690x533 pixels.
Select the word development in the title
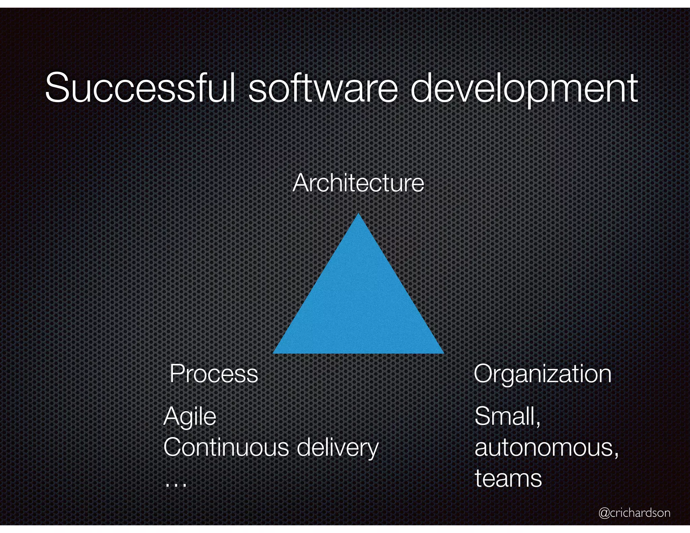tap(524, 88)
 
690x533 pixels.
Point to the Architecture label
tap(358, 183)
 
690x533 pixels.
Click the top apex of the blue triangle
tap(358, 214)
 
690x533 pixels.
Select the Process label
tap(214, 374)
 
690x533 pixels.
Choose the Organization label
tap(542, 374)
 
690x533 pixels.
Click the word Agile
tap(190, 417)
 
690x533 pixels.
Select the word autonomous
tap(544, 448)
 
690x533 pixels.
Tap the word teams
tap(508, 478)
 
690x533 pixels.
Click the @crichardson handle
tap(634, 512)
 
